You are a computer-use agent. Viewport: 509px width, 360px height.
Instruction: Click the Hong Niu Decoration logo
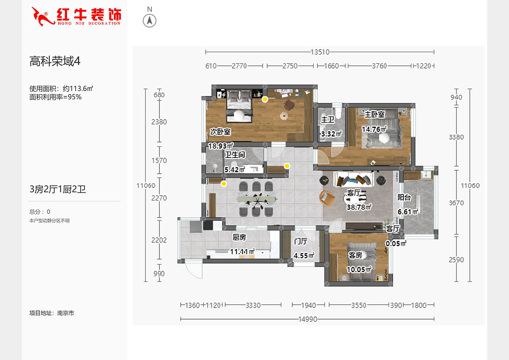pyautogui.click(x=77, y=16)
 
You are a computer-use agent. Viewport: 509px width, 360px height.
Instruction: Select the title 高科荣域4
pyautogui.click(x=55, y=62)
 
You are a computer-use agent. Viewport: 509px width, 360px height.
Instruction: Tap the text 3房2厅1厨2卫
pyautogui.click(x=58, y=189)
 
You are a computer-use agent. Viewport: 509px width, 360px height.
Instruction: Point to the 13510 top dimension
pyautogui.click(x=320, y=52)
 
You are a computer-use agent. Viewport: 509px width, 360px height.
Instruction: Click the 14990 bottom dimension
pyautogui.click(x=308, y=319)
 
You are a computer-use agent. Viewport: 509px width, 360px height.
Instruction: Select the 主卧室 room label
pyautogui.click(x=375, y=115)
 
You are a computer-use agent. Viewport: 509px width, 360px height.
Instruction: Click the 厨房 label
pyautogui.click(x=239, y=237)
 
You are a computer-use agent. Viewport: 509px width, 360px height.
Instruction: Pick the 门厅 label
pyautogui.click(x=301, y=241)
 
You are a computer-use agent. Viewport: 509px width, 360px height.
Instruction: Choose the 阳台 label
pyautogui.click(x=404, y=197)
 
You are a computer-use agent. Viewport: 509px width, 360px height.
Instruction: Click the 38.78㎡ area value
pyautogui.click(x=359, y=207)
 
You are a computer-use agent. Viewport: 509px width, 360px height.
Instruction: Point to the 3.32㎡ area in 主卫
pyautogui.click(x=331, y=134)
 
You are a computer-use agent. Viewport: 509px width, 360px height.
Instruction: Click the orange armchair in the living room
pyautogui.click(x=327, y=198)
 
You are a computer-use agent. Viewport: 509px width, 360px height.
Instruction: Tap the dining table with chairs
pyautogui.click(x=256, y=198)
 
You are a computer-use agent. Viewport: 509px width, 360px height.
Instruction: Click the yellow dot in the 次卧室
pyautogui.click(x=265, y=99)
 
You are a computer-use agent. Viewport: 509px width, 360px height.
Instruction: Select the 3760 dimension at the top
pyautogui.click(x=379, y=66)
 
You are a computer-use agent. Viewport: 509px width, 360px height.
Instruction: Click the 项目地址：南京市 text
pyautogui.click(x=52, y=313)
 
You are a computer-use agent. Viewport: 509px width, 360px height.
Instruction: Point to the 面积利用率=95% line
pyautogui.click(x=55, y=96)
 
